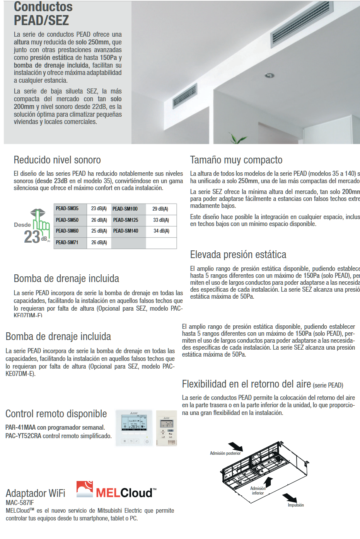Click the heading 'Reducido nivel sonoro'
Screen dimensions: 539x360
click(57, 160)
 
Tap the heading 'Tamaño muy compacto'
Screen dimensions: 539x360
click(236, 160)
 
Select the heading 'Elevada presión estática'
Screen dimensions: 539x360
click(238, 255)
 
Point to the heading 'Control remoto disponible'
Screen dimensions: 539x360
click(56, 414)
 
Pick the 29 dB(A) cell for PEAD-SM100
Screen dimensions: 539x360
click(160, 209)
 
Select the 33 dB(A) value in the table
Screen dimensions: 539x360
click(161, 220)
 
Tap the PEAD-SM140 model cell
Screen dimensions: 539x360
click(125, 231)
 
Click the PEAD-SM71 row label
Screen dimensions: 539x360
click(67, 243)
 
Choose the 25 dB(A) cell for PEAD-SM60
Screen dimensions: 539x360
click(99, 231)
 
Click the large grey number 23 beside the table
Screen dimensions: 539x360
click(32, 237)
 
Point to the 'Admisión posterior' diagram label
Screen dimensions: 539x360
click(225, 453)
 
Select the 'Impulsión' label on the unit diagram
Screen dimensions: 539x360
click(296, 505)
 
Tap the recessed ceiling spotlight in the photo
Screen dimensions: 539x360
click(269, 75)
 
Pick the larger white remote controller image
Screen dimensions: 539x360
click(134, 428)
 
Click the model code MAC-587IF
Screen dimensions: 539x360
click(20, 503)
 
